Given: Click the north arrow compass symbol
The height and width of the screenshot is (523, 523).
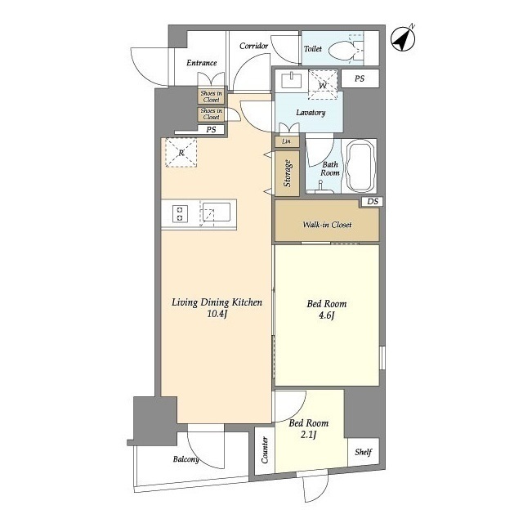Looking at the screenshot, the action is coord(403,38).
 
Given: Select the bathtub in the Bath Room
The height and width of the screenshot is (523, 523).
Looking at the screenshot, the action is coord(360,166).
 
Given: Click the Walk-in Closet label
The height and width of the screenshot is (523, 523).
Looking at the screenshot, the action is coord(327,225).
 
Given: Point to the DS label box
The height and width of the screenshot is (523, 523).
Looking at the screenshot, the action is coord(373,202).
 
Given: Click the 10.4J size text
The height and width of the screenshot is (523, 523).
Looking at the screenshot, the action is coord(217,314).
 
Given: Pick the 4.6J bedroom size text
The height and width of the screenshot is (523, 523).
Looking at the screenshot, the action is coord(326,315).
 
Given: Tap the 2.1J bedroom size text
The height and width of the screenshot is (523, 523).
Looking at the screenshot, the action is coord(308,435).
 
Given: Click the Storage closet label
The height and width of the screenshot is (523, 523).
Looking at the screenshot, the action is coord(287,173).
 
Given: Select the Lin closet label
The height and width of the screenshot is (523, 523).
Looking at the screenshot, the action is coord(286,141).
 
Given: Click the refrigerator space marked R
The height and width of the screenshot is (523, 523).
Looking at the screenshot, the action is coord(181,153).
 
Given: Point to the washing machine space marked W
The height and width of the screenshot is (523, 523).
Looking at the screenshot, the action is coord(323,85).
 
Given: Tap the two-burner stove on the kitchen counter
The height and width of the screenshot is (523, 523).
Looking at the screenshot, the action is coord(180,214).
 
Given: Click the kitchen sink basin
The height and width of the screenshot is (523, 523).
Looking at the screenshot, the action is coord(217,212).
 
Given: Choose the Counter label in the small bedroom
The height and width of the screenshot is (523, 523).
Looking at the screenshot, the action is coord(265,450).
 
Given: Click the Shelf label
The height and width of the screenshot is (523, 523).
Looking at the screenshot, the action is coord(363,452).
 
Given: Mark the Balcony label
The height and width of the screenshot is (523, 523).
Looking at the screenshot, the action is coord(186,459).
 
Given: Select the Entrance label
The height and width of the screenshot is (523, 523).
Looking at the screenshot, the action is coord(202,63).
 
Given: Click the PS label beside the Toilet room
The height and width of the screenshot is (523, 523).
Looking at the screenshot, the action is coord(360,78).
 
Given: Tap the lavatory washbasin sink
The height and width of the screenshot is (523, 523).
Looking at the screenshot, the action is coord(292,80).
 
